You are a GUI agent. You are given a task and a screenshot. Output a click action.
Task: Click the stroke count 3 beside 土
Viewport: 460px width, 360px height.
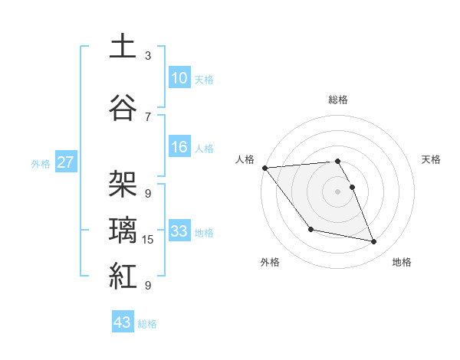[147, 56]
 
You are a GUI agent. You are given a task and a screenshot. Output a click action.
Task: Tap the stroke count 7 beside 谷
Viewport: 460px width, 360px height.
[147, 116]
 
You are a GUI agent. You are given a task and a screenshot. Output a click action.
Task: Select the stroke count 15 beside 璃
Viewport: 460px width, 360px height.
[149, 240]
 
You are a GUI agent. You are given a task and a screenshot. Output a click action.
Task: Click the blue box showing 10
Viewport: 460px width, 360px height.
[179, 77]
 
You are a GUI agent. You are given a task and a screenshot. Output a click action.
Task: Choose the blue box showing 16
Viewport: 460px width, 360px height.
[179, 147]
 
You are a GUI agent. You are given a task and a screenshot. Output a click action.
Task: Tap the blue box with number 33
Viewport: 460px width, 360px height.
[179, 231]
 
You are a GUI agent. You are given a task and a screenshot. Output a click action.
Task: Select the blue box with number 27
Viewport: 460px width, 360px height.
[65, 162]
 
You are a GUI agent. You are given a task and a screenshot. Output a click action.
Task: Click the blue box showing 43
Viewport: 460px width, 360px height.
[123, 322]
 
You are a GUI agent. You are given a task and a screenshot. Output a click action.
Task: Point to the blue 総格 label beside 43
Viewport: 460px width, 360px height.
[147, 324]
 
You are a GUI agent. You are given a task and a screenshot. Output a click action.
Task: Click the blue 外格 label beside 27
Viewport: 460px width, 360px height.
[41, 163]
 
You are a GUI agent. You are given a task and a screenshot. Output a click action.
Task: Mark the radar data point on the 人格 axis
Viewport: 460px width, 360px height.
[264, 168]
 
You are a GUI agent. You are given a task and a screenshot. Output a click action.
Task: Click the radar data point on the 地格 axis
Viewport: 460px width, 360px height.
[374, 242]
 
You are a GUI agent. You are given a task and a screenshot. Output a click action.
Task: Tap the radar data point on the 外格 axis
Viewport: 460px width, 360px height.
[310, 229]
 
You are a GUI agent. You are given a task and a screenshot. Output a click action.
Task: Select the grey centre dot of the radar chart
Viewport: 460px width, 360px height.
[337, 191]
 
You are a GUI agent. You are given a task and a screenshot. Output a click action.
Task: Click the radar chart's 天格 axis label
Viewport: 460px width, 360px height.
[432, 159]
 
